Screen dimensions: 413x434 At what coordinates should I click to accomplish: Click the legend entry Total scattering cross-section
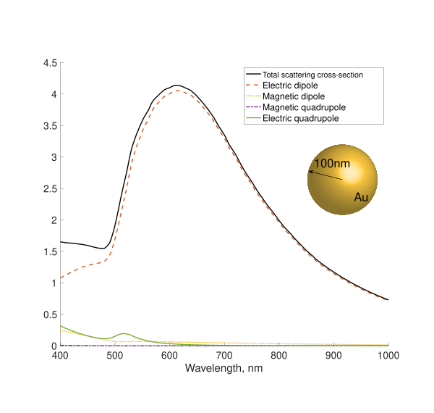coord(312,75)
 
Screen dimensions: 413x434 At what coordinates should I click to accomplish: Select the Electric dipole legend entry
coord(285,85)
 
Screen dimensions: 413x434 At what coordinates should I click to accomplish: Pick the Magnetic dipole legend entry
coord(293,96)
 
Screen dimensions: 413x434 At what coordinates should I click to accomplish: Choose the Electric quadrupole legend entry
coord(300,117)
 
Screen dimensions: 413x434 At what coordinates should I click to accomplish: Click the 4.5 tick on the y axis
coord(50,63)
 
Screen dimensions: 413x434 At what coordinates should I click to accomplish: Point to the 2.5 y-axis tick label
coord(50,189)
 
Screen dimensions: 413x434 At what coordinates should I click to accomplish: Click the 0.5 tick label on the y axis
coord(50,314)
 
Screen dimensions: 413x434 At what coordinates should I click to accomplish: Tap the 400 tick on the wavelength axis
coord(60,356)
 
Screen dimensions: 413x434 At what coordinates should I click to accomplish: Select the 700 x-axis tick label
coord(224,356)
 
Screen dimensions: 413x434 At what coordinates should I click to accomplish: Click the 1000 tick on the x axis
coord(388,356)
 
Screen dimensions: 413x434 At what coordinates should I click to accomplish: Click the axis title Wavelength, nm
coord(224,368)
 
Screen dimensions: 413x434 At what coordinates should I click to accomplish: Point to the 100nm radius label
coord(332,164)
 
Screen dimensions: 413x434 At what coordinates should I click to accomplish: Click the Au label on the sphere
coord(361,197)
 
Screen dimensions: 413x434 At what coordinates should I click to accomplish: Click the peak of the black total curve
coord(176,85)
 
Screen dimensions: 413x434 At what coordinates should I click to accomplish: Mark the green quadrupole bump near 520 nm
coord(124,333)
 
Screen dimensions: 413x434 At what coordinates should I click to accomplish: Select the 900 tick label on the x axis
coord(333,356)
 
